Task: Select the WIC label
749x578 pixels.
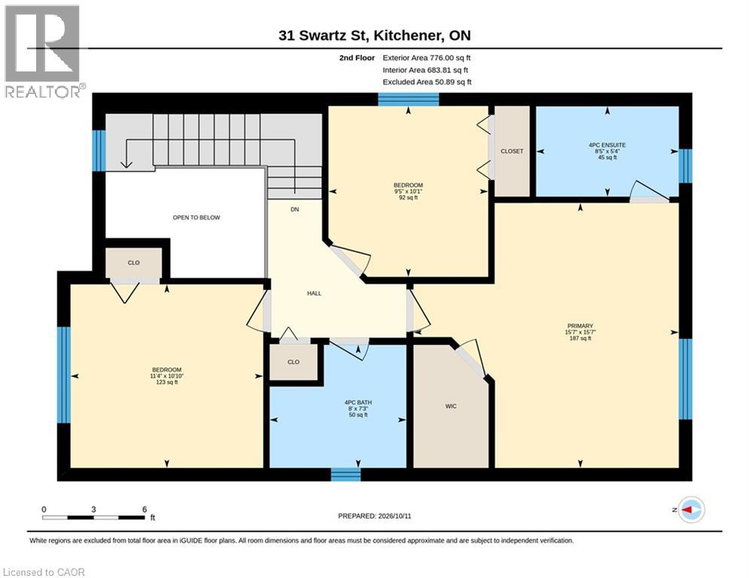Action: tap(451, 406)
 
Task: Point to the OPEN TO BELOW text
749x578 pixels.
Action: tap(196, 218)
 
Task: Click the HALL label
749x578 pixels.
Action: tap(314, 294)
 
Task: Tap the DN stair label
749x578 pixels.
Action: tap(295, 209)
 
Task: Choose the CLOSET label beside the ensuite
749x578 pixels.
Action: tap(512, 151)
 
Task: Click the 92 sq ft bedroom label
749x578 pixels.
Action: tap(409, 191)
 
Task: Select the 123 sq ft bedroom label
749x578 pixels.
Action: tap(166, 376)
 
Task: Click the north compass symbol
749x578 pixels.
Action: tap(692, 510)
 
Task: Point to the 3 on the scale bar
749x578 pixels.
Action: tap(93, 510)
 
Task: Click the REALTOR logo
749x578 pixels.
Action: tap(44, 51)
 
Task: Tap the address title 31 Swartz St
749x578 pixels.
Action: tap(323, 35)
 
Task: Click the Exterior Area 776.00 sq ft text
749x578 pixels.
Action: tap(427, 58)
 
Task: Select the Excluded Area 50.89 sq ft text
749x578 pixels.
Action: tap(427, 82)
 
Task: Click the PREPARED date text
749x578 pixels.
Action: tap(375, 516)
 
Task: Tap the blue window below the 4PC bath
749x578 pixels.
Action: tap(346, 474)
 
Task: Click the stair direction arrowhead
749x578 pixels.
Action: tap(126, 164)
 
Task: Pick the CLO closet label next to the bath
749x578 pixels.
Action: tap(294, 362)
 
